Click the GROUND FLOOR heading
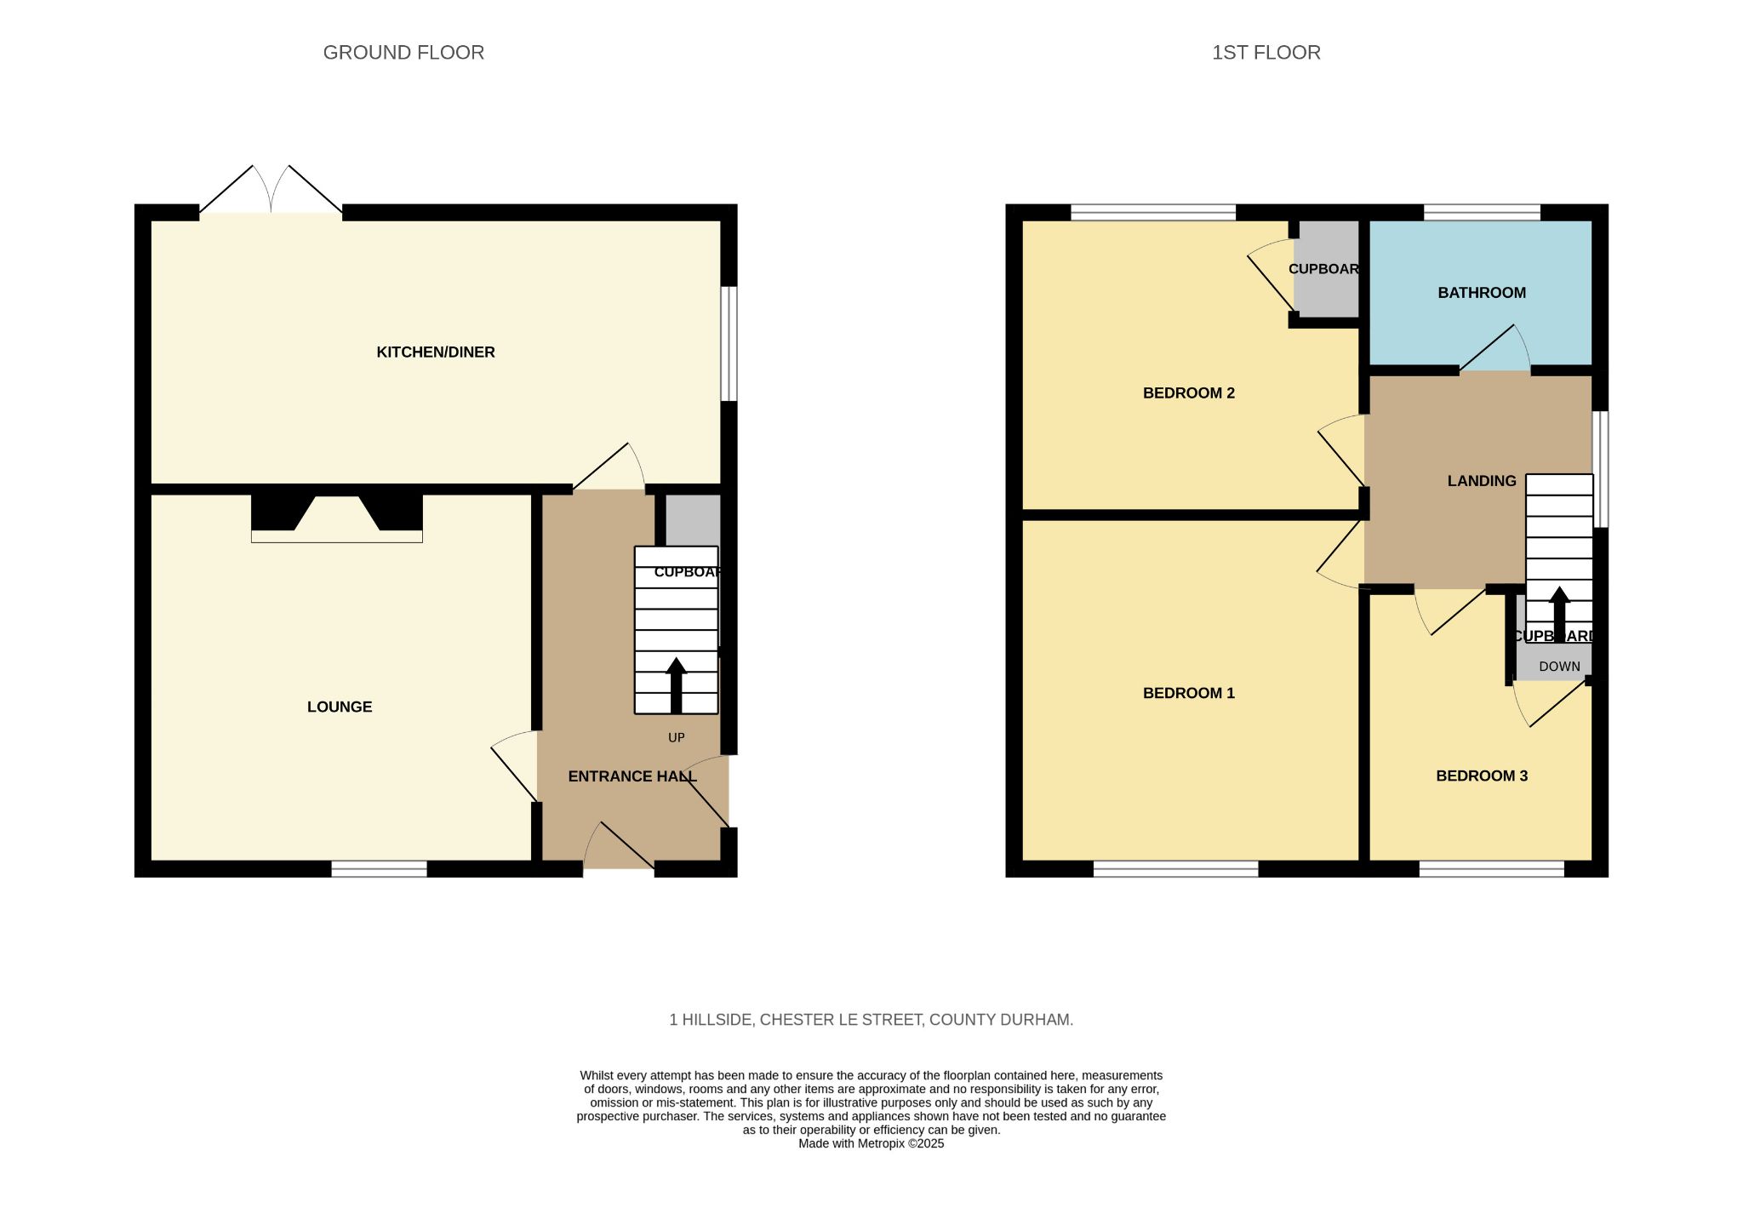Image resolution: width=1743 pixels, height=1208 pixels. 403,53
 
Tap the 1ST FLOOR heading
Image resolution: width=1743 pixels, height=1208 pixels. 1266,53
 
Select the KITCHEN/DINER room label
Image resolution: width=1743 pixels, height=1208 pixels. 436,352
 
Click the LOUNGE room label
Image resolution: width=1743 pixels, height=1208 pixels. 340,707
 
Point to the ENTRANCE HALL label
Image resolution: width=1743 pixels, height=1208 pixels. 632,776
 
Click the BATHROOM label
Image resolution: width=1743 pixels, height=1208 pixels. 1482,293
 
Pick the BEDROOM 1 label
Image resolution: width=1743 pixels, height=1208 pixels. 1189,693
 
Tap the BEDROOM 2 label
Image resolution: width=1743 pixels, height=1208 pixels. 1189,393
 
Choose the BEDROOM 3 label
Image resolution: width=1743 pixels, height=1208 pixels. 1482,776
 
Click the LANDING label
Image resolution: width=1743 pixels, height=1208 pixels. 1482,481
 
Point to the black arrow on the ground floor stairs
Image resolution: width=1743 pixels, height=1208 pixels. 677,685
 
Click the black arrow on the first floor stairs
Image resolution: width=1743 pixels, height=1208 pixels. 1559,613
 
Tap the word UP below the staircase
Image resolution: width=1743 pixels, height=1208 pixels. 677,738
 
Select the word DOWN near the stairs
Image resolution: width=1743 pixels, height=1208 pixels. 1559,667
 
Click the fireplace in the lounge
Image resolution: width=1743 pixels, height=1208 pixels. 337,518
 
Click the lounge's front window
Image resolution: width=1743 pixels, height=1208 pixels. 379,868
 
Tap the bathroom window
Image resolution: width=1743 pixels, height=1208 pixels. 1482,212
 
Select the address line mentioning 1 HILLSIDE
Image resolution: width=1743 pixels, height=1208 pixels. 871,1020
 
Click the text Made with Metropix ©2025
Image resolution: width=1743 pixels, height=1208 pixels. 871,1144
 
